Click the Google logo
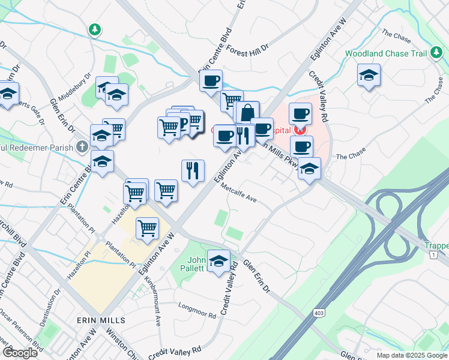(x=20, y=353)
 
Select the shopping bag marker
(x=247, y=112)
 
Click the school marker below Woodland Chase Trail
(x=369, y=76)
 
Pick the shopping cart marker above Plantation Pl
(x=147, y=227)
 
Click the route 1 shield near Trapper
(x=432, y=256)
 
